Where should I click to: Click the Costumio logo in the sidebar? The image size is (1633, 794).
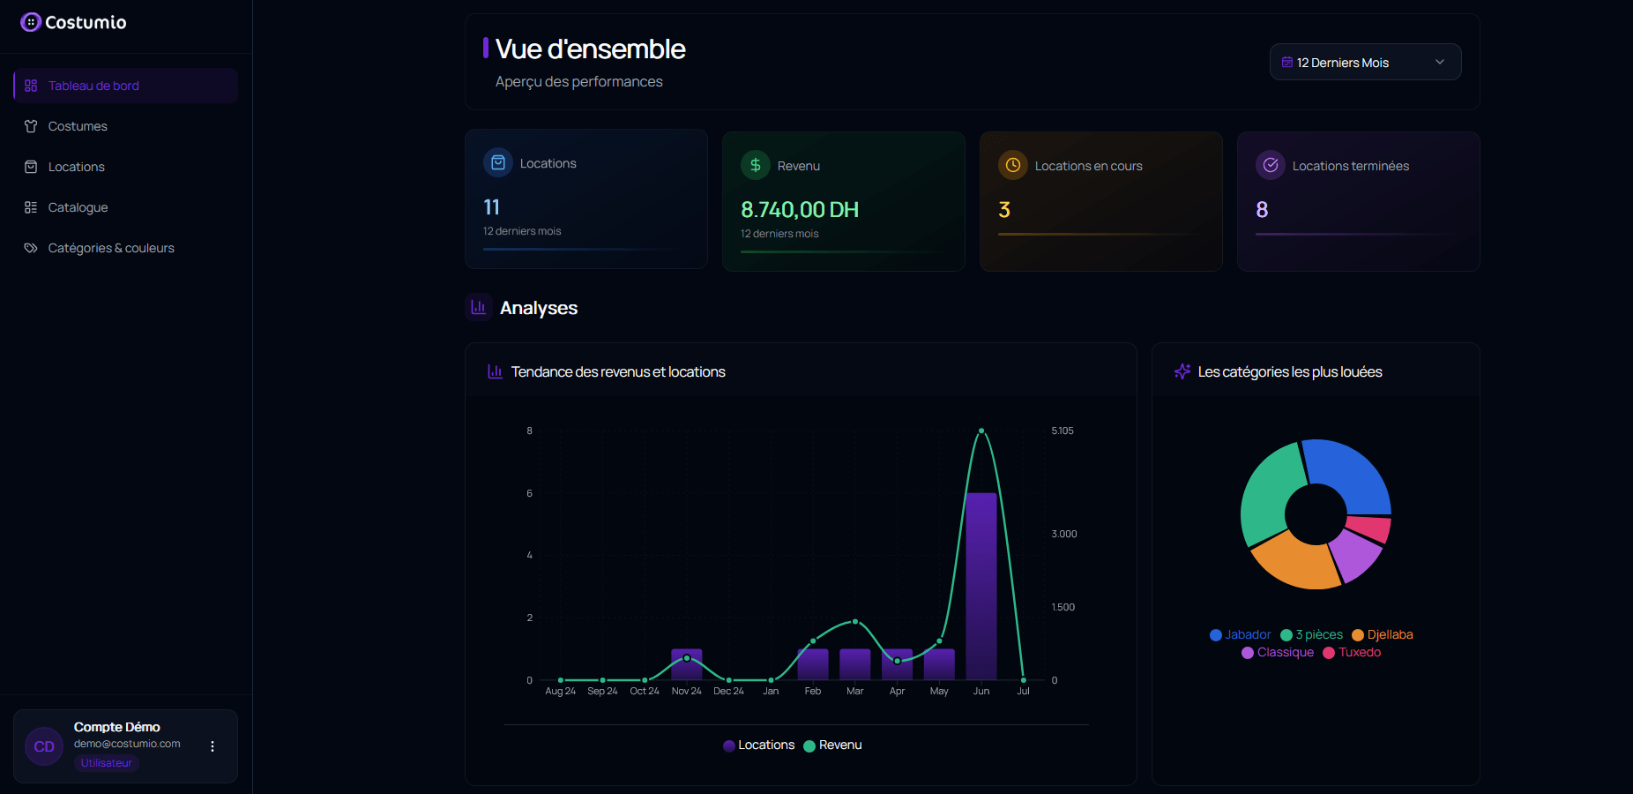point(73,22)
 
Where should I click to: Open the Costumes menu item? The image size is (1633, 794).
point(78,126)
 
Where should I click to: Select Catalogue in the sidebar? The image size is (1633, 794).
point(78,207)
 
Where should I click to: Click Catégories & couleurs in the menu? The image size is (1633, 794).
point(111,248)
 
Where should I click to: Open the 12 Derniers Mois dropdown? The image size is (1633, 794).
point(1364,62)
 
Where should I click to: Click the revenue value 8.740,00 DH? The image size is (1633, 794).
point(799,210)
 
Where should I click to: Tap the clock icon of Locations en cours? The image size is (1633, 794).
point(1012,165)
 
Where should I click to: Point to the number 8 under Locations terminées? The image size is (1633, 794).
point(1262,210)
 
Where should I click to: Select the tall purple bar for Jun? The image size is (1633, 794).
point(981,587)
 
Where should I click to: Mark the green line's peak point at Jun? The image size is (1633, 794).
point(981,431)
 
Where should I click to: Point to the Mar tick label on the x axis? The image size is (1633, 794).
point(854,691)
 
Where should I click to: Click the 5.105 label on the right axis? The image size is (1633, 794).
point(1063,431)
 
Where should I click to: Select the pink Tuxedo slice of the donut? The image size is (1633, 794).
point(1369,528)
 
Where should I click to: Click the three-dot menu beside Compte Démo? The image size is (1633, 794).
point(213,746)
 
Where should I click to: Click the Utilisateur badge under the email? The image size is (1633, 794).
point(106,763)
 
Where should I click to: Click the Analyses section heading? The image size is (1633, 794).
point(538,308)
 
